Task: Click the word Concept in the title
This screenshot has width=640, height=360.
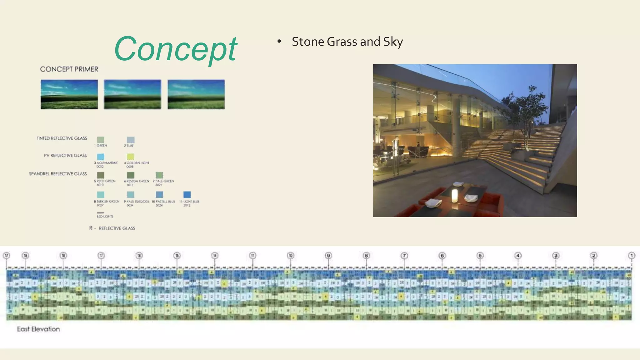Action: (176, 49)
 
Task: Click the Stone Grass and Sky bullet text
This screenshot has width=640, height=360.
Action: (347, 42)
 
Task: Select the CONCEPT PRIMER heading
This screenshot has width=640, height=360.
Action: (69, 69)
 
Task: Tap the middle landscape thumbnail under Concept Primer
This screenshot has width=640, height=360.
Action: (132, 94)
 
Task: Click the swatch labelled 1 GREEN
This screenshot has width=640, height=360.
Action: (101, 139)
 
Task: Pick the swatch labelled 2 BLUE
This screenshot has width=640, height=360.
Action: (131, 140)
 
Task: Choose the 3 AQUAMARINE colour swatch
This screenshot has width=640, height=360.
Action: (101, 157)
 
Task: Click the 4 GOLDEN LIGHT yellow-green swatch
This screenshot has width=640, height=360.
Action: (131, 157)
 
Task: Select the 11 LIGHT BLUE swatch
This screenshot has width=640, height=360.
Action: (187, 195)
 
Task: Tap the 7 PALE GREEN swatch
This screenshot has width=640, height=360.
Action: (159, 175)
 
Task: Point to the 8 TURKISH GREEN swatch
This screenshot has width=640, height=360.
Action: (101, 195)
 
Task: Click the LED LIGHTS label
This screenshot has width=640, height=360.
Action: (105, 216)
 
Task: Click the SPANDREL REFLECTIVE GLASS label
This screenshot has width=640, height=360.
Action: (58, 174)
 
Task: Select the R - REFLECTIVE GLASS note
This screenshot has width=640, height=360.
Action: (112, 228)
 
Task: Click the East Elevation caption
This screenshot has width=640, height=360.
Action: (38, 329)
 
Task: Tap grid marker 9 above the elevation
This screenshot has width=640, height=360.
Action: (328, 256)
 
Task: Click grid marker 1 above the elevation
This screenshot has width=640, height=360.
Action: (632, 256)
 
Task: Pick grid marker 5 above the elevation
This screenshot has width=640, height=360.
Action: (480, 256)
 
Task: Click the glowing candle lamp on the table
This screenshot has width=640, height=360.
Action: (454, 196)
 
